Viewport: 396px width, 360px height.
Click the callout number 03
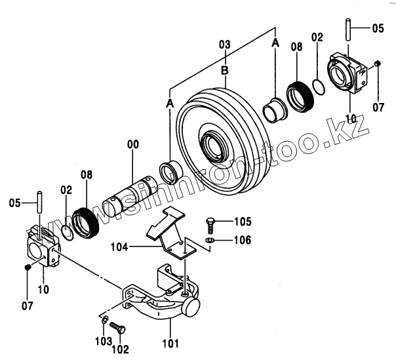[x=225, y=45]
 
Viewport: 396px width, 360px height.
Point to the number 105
[x=224, y=222]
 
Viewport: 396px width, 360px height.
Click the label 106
[x=224, y=241]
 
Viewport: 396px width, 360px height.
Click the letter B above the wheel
[x=225, y=70]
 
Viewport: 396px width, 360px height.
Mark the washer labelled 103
[x=105, y=320]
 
